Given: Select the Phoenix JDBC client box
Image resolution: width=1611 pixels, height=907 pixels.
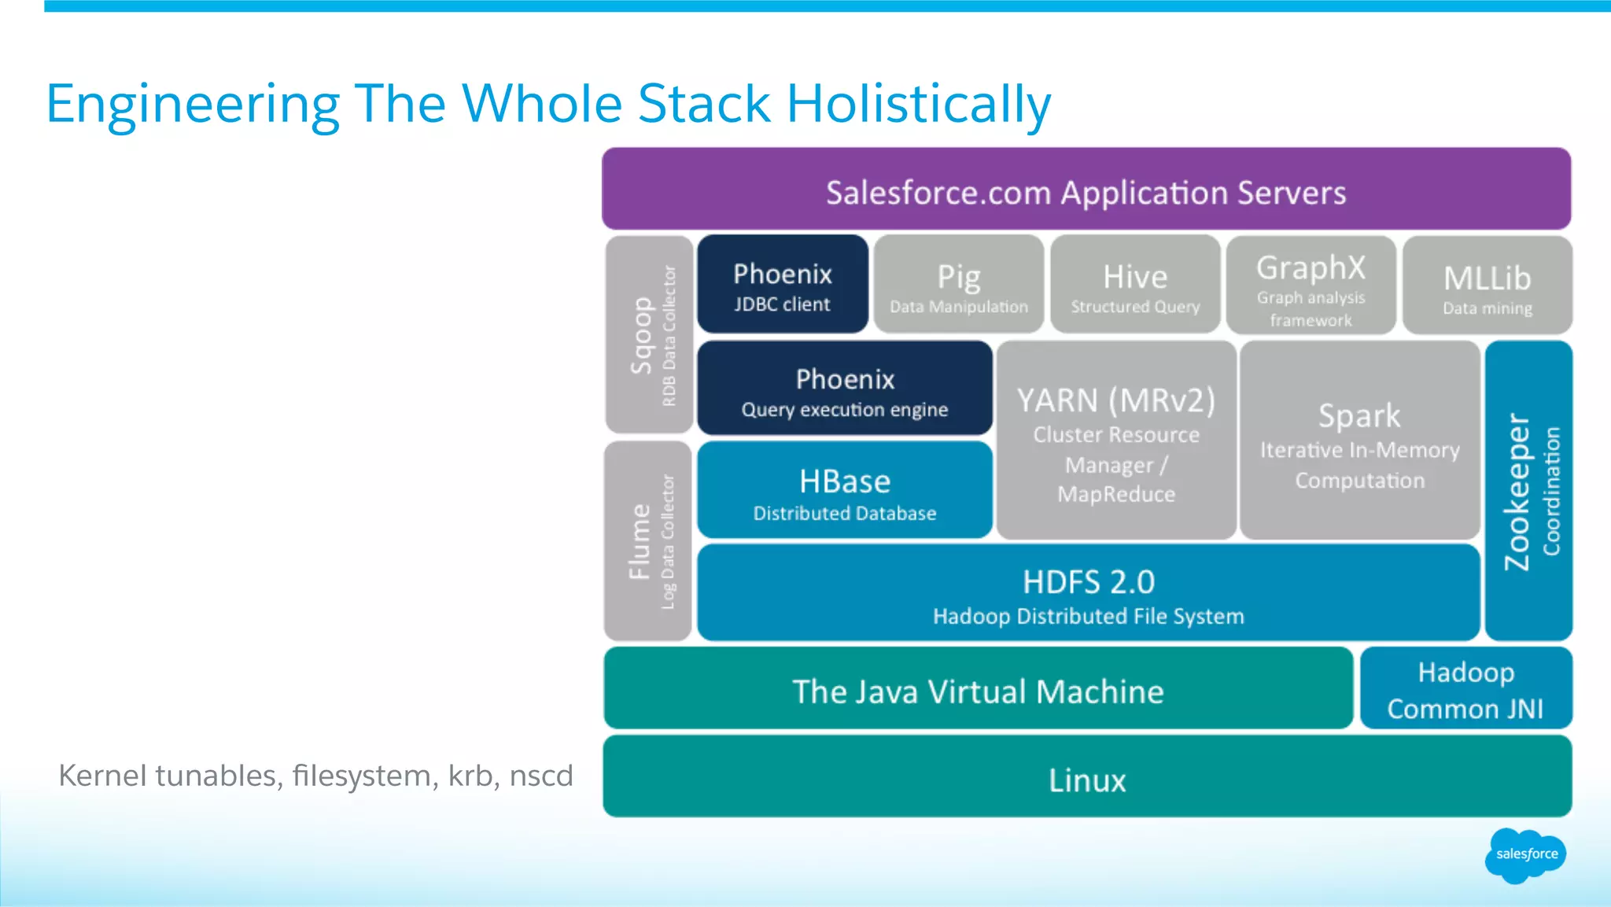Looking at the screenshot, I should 783,285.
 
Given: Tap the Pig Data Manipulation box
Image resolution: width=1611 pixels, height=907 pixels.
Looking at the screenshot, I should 959,285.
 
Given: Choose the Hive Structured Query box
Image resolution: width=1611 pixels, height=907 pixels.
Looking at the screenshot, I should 1135,285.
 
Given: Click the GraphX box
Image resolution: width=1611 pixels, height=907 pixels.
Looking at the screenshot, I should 1311,286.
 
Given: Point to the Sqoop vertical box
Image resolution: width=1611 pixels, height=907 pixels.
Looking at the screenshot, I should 650,335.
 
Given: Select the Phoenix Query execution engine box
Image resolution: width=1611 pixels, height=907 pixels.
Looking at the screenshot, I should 845,389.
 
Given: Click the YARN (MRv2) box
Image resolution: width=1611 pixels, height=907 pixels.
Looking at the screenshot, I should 1116,441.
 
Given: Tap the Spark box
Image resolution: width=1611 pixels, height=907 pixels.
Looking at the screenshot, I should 1359,441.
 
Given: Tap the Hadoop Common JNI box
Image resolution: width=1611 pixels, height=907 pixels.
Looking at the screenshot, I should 1465,689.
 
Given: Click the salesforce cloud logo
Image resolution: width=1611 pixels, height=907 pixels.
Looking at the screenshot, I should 1525,854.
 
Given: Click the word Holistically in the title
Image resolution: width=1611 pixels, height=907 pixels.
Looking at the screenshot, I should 918,105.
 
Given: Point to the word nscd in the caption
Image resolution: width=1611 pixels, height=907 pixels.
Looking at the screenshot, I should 541,776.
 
